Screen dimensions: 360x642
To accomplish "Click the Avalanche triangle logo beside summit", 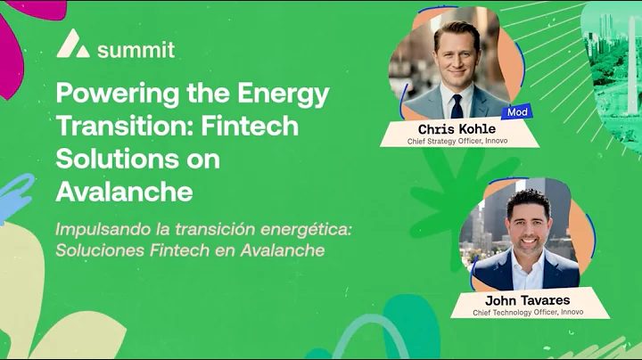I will pyautogui.click(x=73, y=43).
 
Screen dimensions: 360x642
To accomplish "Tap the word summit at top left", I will pyautogui.click(x=136, y=49).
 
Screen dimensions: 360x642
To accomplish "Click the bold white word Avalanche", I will pyautogui.click(x=123, y=192).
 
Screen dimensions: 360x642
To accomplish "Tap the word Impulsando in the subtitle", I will pyautogui.click(x=100, y=229).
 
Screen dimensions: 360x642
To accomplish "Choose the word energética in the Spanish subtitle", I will pyautogui.click(x=301, y=229).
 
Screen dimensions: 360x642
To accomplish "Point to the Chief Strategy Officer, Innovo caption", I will pyautogui.click(x=457, y=140).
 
